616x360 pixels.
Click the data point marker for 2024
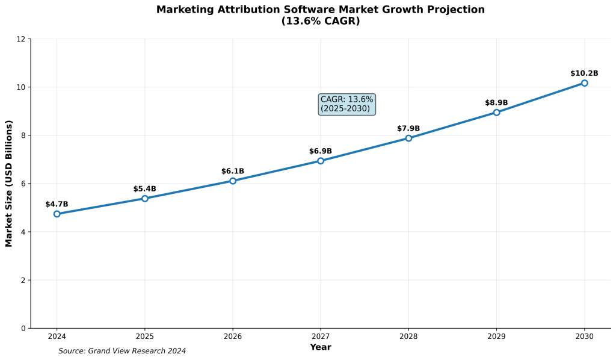coord(57,214)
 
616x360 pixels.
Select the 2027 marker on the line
coord(321,161)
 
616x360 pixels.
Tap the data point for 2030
coord(584,83)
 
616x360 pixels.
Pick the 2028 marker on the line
coord(408,138)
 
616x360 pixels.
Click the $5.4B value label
coord(144,189)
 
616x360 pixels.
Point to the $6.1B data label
coord(233,172)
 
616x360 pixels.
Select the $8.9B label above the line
coord(496,103)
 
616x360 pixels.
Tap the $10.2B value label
coord(584,73)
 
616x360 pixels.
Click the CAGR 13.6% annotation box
coord(346,104)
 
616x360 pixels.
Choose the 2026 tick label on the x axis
coord(233,336)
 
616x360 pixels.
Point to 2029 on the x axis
coord(496,336)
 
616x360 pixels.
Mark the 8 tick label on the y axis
coord(23,135)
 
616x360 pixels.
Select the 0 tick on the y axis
coord(23,328)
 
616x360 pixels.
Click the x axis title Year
coord(321,347)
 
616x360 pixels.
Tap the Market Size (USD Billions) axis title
coord(9,183)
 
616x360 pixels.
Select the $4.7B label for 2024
coord(57,205)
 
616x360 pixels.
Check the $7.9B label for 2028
coord(408,129)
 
